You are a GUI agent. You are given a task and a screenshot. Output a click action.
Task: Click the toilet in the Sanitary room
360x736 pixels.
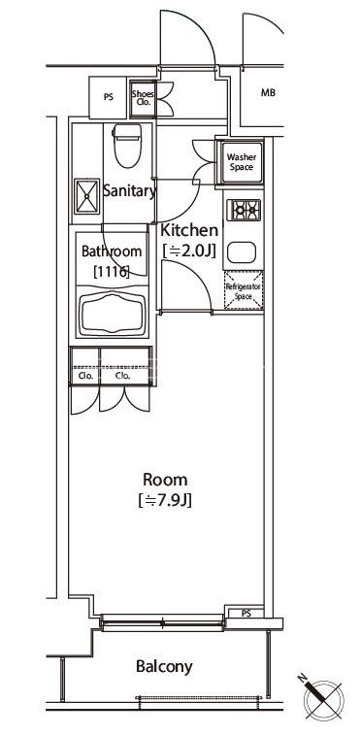tap(127, 145)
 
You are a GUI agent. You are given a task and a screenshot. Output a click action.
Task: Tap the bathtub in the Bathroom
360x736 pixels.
tap(112, 314)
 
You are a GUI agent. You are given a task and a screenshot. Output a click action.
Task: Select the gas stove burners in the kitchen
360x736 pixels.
tap(244, 210)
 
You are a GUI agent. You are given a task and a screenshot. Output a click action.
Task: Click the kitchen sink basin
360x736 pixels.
tap(242, 252)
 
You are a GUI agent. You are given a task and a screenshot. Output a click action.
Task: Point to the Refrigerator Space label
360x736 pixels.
tap(244, 291)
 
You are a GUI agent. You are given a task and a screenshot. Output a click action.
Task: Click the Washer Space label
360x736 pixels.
tap(242, 162)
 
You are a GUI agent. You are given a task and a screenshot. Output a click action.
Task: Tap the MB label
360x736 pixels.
tap(268, 93)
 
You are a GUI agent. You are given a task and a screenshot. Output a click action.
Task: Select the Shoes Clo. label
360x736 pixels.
tap(143, 98)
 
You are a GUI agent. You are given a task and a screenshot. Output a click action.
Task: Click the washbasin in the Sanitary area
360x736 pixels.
tap(86, 196)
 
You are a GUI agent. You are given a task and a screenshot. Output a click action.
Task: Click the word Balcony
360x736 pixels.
tap(164, 666)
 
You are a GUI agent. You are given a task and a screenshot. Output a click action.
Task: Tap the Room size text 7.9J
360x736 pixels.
tap(165, 500)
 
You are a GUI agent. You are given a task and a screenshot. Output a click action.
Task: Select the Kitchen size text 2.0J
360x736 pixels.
tap(189, 251)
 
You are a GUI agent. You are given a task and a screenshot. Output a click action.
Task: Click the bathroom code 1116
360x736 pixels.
tap(112, 271)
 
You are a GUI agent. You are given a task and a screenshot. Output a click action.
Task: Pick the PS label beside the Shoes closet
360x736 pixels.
tap(109, 98)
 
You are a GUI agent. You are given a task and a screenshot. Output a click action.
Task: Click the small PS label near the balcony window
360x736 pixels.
tap(245, 613)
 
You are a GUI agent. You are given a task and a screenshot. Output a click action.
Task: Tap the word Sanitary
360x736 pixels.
tap(129, 191)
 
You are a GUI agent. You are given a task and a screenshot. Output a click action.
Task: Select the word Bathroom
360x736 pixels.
tap(112, 251)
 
